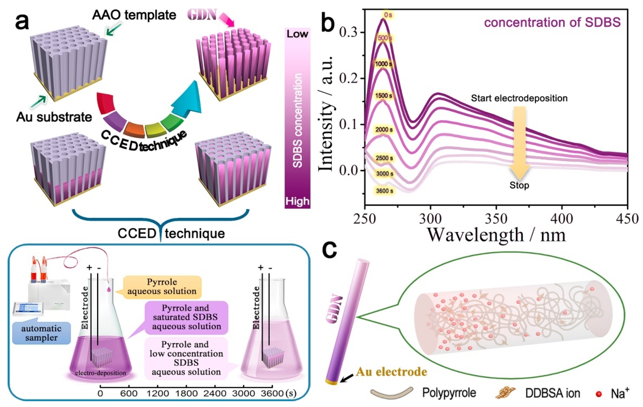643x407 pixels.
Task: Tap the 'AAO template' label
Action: click(134, 15)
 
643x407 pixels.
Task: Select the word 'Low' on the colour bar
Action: click(297, 34)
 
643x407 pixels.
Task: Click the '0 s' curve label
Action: click(388, 15)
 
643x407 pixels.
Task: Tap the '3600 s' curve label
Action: click(385, 191)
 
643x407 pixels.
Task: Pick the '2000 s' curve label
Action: click(384, 130)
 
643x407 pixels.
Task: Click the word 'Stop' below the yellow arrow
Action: click(519, 185)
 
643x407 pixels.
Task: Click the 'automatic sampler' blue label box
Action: click(41, 333)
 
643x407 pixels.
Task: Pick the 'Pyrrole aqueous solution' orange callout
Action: click(162, 286)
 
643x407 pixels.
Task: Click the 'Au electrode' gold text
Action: click(391, 372)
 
